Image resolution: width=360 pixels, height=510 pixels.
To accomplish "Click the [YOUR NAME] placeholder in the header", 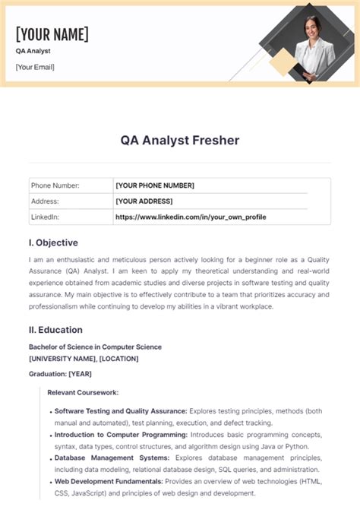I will tap(52, 34).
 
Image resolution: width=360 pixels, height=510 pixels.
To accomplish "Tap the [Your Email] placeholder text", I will tap(35, 67).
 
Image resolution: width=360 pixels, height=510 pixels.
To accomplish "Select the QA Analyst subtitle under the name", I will tap(33, 51).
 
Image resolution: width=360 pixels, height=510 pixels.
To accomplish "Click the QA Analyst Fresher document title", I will tap(179, 140).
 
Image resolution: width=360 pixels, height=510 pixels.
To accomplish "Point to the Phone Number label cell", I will tap(55, 185).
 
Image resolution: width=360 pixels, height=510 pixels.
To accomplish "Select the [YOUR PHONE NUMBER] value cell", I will tap(155, 185).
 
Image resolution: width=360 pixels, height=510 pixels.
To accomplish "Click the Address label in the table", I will tap(44, 201).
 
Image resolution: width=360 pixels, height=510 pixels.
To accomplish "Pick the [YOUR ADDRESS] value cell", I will tap(144, 201).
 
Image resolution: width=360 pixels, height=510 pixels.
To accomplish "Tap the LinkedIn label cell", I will tap(45, 217).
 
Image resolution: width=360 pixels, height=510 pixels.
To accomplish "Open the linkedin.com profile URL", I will tap(190, 217).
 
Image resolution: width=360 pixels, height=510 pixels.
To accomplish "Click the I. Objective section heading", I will tap(53, 242).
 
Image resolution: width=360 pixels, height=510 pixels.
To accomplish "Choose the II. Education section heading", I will tap(55, 330).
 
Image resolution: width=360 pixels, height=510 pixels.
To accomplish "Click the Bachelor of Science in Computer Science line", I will tap(95, 347).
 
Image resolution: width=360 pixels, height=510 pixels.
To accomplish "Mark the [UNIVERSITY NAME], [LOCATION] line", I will tap(84, 358).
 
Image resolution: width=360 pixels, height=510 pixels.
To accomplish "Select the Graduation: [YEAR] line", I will tap(60, 373).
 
